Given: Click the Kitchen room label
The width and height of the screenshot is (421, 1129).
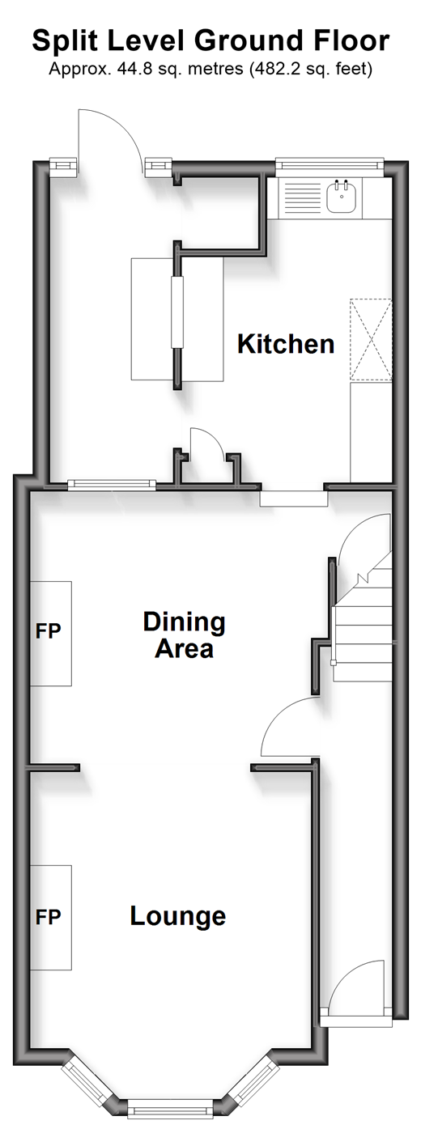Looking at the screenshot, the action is (286, 344).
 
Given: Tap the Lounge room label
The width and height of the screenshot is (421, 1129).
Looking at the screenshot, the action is (178, 916).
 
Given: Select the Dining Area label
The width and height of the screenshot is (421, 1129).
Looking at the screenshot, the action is (184, 635).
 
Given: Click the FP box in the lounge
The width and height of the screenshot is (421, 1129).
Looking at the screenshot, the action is (50, 917).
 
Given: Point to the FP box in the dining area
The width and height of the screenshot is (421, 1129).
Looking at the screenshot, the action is (50, 634).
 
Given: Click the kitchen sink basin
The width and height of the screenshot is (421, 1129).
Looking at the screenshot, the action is (342, 197).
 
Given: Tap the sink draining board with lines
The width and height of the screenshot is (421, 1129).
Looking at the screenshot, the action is (303, 197).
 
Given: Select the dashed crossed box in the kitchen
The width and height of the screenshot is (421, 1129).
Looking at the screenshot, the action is (371, 340).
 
